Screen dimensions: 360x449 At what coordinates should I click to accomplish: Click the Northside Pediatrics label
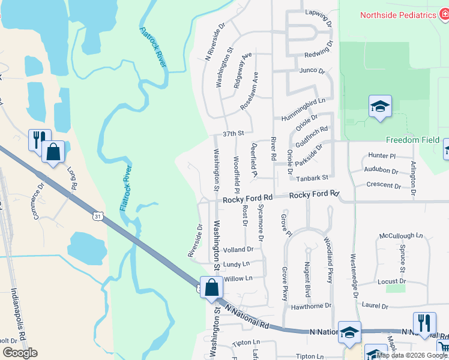click(398, 15)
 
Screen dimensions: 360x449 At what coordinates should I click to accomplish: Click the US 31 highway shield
click(97, 215)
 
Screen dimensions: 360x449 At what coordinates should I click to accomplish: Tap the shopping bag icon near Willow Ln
click(211, 287)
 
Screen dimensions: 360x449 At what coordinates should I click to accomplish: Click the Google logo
click(20, 353)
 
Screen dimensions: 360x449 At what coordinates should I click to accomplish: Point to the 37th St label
click(233, 133)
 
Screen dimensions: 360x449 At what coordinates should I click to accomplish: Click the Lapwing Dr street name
click(318, 13)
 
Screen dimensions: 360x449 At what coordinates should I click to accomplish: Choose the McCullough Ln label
click(400, 236)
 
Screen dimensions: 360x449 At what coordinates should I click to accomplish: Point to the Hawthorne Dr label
click(312, 305)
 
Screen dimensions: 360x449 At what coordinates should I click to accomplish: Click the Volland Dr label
click(238, 249)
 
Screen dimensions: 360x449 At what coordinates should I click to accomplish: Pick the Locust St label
click(392, 281)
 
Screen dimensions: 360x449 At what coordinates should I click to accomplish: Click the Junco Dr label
click(312, 70)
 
